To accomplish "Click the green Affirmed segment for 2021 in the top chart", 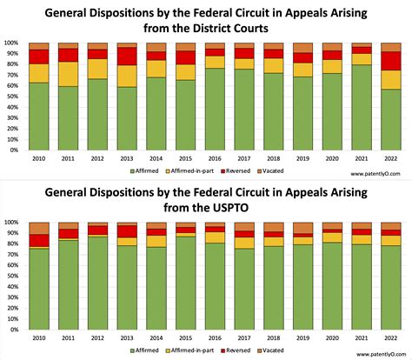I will [x=362, y=108].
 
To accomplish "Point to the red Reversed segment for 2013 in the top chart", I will [x=127, y=56].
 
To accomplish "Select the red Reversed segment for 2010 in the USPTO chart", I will [x=38, y=240].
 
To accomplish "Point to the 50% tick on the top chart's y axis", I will [x=12, y=97].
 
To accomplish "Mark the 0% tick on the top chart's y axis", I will [x=14, y=150].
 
